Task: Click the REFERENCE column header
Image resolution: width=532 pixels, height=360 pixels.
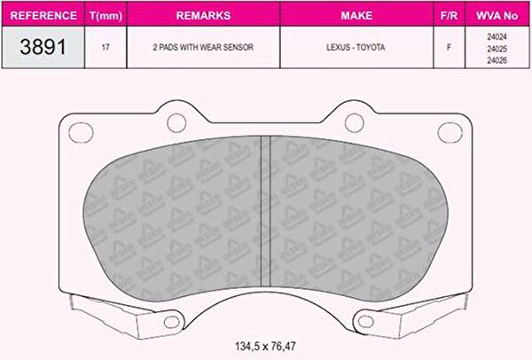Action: tap(43, 16)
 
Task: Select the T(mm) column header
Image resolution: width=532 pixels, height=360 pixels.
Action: tap(106, 16)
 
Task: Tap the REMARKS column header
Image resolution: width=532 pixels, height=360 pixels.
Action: tap(204, 15)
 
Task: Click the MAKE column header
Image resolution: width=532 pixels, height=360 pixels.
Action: tap(356, 15)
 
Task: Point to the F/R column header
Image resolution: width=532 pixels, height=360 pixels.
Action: tap(449, 16)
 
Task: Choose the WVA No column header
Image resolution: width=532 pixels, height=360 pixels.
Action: tap(497, 16)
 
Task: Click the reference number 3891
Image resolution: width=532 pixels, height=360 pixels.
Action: tap(43, 47)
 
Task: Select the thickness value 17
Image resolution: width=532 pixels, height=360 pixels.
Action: tap(106, 47)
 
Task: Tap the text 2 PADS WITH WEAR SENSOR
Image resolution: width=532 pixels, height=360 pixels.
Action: tap(203, 47)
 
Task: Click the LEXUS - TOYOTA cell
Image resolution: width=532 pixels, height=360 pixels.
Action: tap(356, 47)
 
